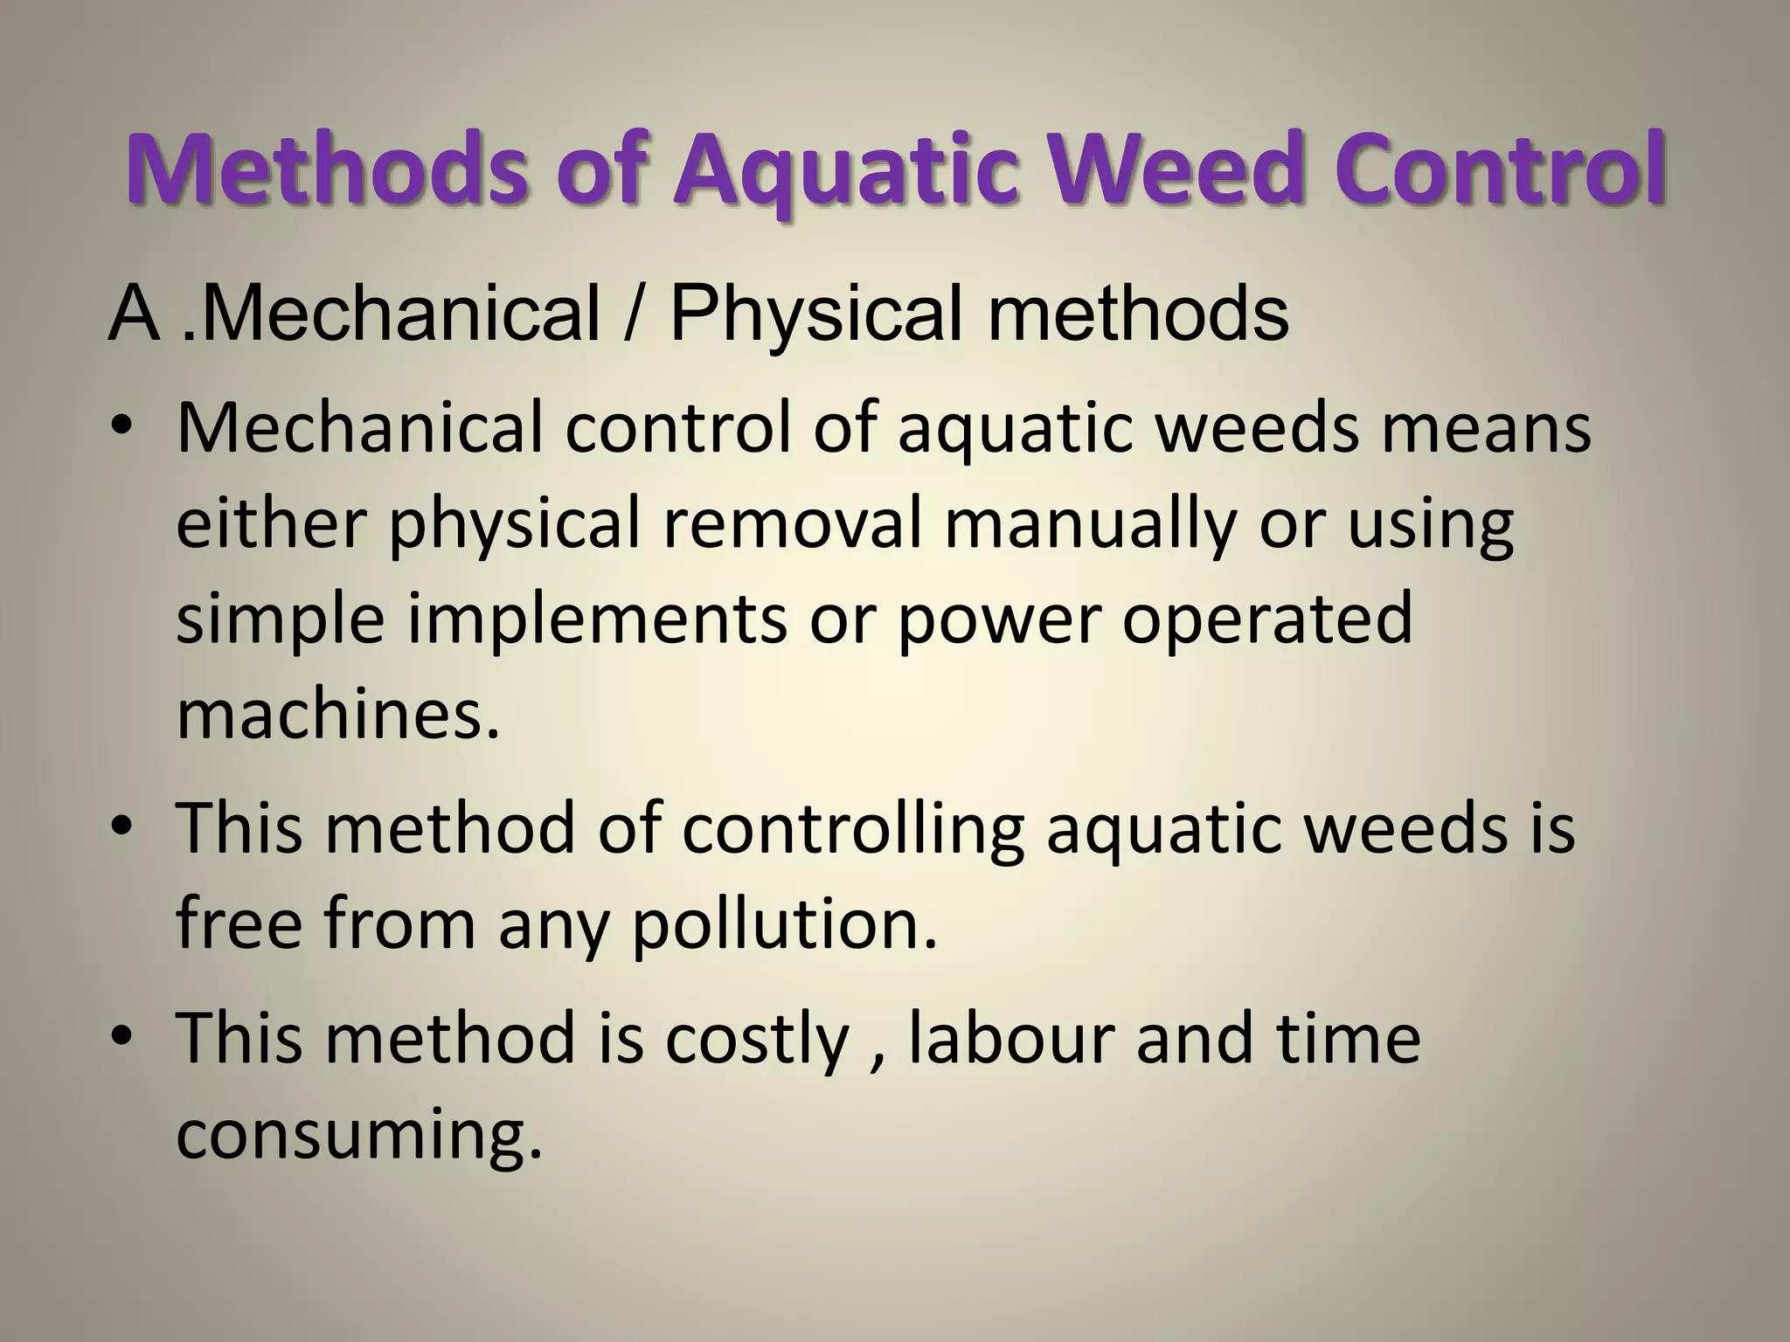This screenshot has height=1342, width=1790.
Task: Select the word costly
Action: pos(757,1040)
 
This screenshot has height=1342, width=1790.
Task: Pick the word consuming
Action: pos(359,1134)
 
